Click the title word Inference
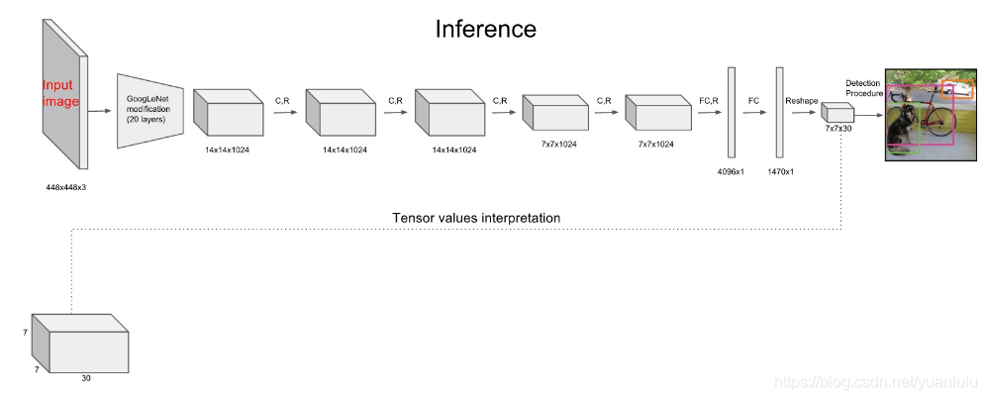(x=485, y=29)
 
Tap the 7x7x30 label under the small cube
(x=838, y=128)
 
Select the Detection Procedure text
(x=862, y=87)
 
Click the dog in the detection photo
(x=902, y=127)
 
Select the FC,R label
(x=709, y=100)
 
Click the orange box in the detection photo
(x=957, y=90)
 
